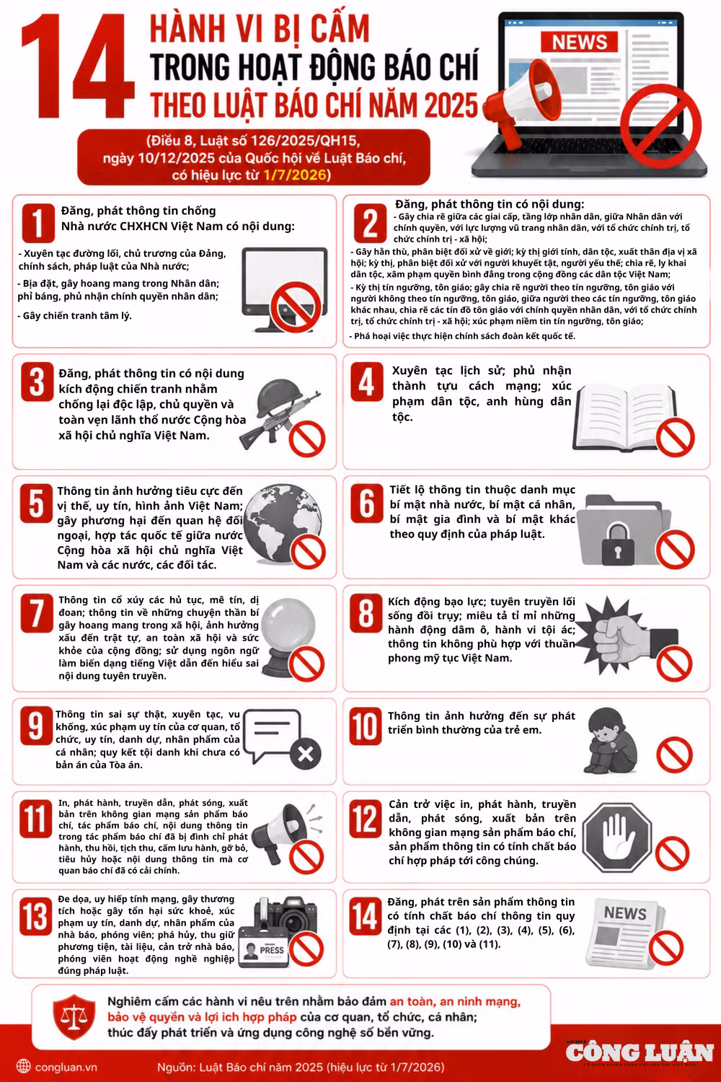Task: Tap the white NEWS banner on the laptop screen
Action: coord(579,42)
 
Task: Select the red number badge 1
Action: coord(38,223)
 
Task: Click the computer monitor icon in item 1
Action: coord(285,289)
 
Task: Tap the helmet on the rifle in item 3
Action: coord(276,398)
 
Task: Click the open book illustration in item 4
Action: coord(624,418)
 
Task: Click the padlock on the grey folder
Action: coord(618,544)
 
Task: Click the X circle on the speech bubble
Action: coord(305,754)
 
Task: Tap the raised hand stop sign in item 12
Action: coord(616,837)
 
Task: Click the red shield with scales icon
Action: coord(74,1017)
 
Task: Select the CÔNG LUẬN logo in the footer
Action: coord(640,1053)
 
